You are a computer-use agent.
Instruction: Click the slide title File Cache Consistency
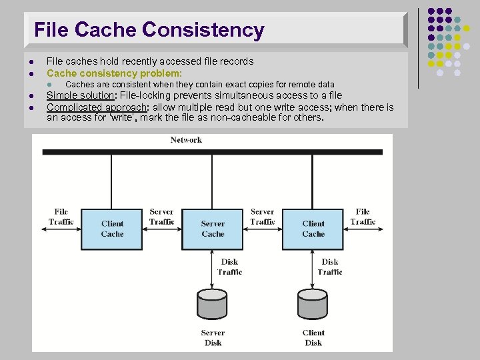pyautogui.click(x=149, y=30)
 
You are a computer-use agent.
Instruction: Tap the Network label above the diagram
pyautogui.click(x=186, y=140)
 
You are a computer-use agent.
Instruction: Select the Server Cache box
pyautogui.click(x=213, y=229)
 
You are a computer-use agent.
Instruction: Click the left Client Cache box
pyautogui.click(x=112, y=229)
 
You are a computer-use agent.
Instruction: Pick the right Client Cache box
pyautogui.click(x=313, y=229)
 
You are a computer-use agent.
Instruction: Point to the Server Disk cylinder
pyautogui.click(x=213, y=303)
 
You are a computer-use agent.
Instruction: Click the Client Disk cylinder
pyautogui.click(x=313, y=303)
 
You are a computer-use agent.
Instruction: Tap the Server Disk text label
pyautogui.click(x=213, y=337)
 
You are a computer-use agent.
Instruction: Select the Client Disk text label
pyautogui.click(x=313, y=337)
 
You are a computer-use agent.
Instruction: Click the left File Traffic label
pyautogui.click(x=61, y=217)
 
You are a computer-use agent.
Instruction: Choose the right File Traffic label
pyautogui.click(x=363, y=217)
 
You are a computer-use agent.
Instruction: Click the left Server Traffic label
pyautogui.click(x=162, y=217)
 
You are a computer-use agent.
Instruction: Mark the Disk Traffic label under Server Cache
pyautogui.click(x=229, y=267)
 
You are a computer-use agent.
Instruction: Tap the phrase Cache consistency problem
pyautogui.click(x=113, y=73)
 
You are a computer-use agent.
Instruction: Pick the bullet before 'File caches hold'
pyautogui.click(x=32, y=61)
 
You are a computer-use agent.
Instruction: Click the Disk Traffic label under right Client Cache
pyautogui.click(x=330, y=267)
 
